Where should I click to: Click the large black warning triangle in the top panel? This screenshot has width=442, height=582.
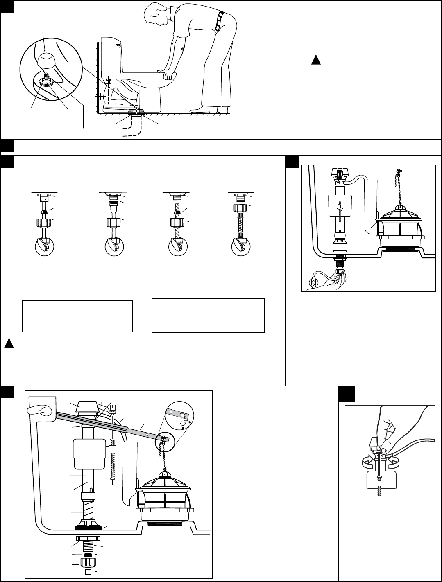click(x=315, y=60)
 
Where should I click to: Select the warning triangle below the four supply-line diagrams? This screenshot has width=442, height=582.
click(x=7, y=343)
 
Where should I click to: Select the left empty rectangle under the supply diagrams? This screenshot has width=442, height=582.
click(x=77, y=316)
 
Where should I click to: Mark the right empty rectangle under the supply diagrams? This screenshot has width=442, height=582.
click(x=208, y=316)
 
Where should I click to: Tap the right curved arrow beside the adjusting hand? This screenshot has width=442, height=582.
click(x=394, y=460)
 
